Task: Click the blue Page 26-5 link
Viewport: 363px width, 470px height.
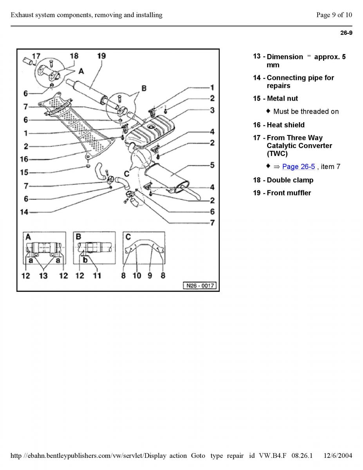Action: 298,167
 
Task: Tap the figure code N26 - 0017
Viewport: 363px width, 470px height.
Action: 200,286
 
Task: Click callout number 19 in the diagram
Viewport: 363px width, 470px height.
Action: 101,56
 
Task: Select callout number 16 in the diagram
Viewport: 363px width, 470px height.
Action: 24,159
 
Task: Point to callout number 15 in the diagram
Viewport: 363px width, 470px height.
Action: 24,172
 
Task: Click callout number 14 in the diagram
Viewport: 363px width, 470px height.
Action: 24,212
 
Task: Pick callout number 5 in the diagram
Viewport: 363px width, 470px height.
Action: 212,165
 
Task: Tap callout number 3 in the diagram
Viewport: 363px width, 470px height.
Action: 212,110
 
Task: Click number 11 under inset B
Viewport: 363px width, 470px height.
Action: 96,276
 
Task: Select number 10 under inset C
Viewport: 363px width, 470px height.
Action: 137,276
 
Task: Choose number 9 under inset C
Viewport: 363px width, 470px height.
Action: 150,276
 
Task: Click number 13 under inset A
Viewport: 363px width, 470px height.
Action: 43,276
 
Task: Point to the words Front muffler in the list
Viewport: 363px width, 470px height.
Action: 289,193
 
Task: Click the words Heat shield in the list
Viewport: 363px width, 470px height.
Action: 285,125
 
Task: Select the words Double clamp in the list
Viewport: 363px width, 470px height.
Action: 290,180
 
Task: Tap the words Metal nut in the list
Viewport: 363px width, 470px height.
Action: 282,99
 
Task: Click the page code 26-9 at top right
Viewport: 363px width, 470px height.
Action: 346,33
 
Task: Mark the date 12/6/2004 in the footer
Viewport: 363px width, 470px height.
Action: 338,456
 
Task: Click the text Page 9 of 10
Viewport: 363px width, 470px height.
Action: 334,15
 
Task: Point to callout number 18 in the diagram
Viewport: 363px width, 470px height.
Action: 74,56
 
